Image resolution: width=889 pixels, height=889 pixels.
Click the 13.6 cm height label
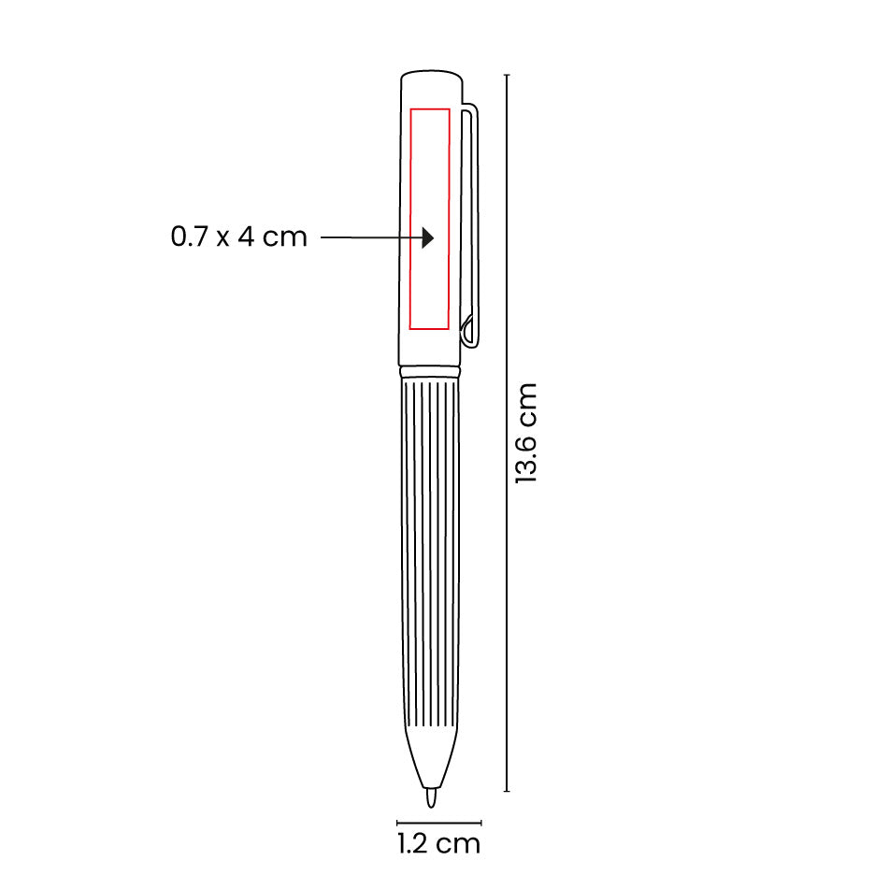pyautogui.click(x=527, y=433)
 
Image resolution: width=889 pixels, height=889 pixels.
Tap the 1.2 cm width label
pyautogui.click(x=438, y=844)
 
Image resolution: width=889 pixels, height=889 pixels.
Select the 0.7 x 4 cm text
pyautogui.click(x=238, y=237)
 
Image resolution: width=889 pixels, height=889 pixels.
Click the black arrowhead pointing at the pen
pyautogui.click(x=427, y=238)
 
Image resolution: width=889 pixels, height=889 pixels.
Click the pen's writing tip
pyautogui.click(x=431, y=797)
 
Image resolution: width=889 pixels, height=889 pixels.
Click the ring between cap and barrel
pyautogui.click(x=431, y=371)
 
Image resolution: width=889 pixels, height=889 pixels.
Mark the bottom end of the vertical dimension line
pyautogui.click(x=507, y=791)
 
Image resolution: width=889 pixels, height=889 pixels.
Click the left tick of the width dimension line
pyautogui.click(x=398, y=824)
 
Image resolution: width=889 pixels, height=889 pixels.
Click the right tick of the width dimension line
pyautogui.click(x=481, y=824)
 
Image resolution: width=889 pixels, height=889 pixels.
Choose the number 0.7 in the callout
pyautogui.click(x=190, y=237)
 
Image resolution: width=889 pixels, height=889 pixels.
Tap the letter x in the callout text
pyautogui.click(x=222, y=238)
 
